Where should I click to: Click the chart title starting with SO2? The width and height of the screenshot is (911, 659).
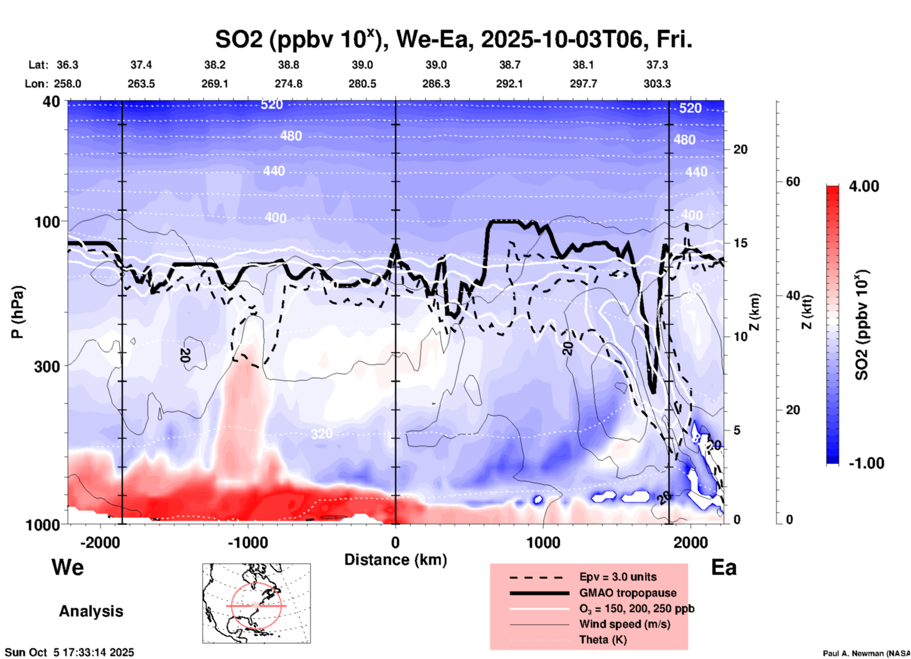[x=453, y=40]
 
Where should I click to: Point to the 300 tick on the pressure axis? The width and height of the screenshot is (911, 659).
[x=47, y=366]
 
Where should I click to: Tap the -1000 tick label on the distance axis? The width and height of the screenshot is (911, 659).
[x=247, y=543]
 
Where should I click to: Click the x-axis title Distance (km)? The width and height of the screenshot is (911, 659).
[x=395, y=560]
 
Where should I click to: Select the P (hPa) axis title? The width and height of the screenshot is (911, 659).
[x=18, y=312]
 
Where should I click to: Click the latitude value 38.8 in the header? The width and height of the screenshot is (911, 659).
[x=289, y=65]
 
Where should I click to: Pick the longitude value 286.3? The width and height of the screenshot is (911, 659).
[x=436, y=84]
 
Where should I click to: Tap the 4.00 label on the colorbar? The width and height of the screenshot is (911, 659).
[x=864, y=186]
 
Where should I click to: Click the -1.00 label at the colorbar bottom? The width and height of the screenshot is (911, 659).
[x=866, y=463]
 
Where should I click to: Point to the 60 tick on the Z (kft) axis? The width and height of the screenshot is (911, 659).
[x=793, y=182]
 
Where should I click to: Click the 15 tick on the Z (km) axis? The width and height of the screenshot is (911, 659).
[x=740, y=243]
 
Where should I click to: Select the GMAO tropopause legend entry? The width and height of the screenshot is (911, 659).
[x=628, y=593]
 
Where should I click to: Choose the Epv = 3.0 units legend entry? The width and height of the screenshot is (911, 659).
[x=618, y=577]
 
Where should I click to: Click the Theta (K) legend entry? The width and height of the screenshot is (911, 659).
[x=603, y=640]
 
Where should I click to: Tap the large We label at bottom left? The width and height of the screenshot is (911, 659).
[x=68, y=567]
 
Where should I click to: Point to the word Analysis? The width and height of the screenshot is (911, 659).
[x=91, y=611]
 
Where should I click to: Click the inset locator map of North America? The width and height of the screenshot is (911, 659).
[x=256, y=603]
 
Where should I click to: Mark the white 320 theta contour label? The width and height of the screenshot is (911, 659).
[x=322, y=434]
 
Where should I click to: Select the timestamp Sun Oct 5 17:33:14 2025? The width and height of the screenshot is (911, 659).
[x=70, y=652]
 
